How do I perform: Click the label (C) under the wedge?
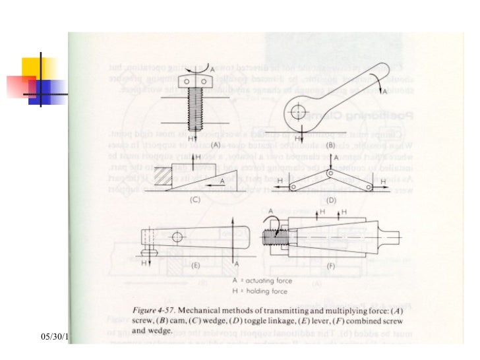click(x=195, y=199)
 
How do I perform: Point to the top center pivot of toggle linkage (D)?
click(x=330, y=173)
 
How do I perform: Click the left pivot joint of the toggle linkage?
click(x=292, y=187)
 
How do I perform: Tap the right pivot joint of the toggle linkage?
click(x=367, y=187)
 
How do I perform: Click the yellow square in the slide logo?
click(x=38, y=69)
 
